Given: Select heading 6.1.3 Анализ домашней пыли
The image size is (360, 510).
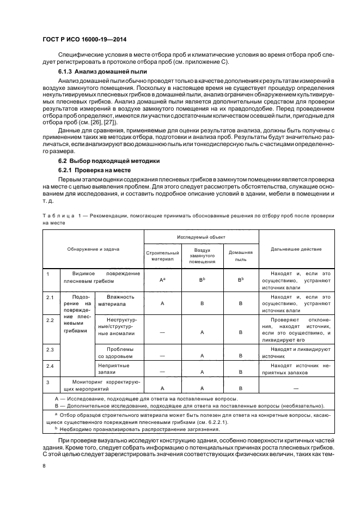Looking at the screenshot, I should pyautogui.click(x=95, y=71).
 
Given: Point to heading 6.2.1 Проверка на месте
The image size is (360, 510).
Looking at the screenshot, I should pyautogui.click(x=89, y=171).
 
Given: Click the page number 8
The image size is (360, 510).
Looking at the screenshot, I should pyautogui.click(x=45, y=466).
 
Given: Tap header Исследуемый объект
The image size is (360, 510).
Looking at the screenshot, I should pyautogui.click(x=201, y=237).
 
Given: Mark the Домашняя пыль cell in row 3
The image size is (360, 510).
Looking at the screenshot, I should pyautogui.click(x=240, y=387).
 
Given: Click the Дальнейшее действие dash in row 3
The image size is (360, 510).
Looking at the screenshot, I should pyautogui.click(x=296, y=387).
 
